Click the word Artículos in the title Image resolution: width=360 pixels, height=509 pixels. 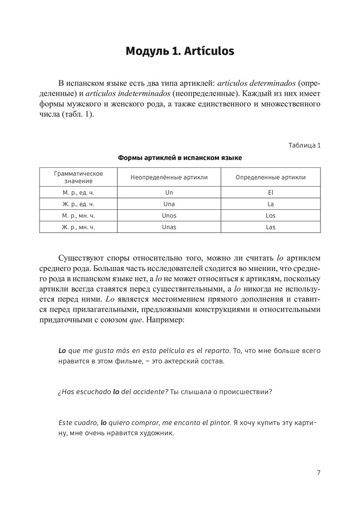(208, 50)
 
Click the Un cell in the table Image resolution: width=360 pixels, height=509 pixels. (169, 192)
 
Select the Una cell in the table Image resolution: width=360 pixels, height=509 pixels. (169, 204)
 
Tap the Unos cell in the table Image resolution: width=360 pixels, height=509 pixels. (169, 215)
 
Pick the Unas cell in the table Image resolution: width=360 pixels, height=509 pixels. (169, 227)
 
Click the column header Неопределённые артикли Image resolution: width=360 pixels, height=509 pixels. (169, 177)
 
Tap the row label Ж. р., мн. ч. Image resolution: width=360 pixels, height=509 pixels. (78, 227)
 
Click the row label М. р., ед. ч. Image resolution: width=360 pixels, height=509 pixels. (78, 192)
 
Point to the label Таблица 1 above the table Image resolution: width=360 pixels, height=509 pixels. (304, 145)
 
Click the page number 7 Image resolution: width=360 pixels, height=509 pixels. (319, 473)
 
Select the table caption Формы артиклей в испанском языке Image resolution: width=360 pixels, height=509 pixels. (180, 158)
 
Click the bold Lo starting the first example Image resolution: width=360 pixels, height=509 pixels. (62, 351)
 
